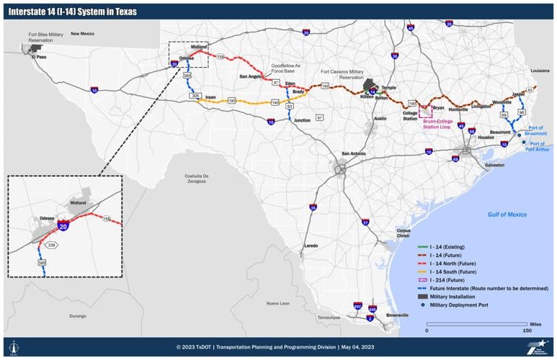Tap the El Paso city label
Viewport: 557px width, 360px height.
click(38, 58)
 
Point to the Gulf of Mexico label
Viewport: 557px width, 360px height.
click(507, 215)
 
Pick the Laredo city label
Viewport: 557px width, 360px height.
click(311, 246)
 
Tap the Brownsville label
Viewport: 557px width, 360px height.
click(397, 315)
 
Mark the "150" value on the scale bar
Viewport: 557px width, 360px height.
click(527, 331)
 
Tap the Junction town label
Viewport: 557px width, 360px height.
click(303, 120)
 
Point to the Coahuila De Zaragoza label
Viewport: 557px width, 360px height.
click(196, 179)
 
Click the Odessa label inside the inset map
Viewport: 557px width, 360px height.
click(48, 217)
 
